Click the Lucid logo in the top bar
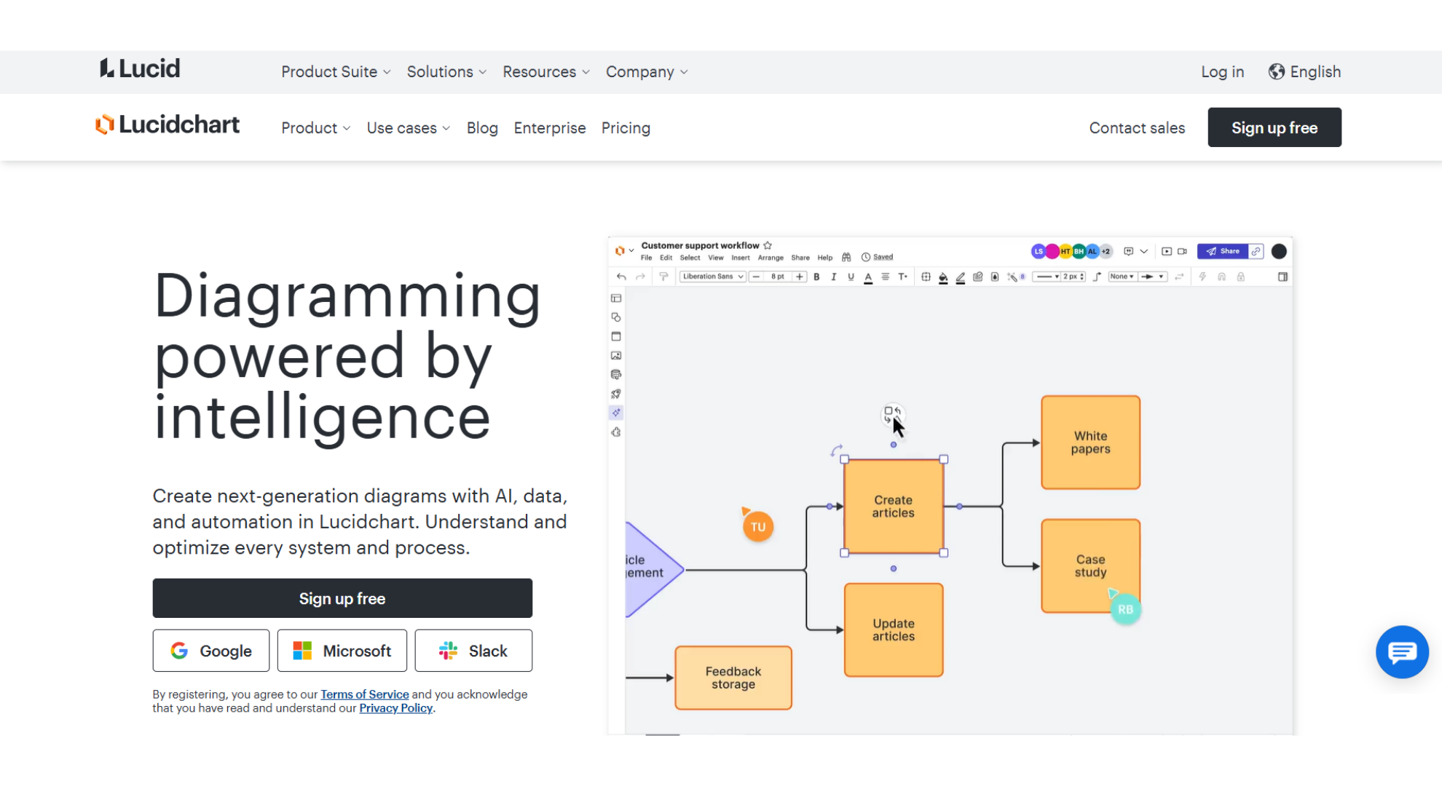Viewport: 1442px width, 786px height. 140,68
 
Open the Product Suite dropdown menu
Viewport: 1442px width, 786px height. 336,71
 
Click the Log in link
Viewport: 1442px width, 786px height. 1222,71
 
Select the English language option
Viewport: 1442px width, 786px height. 1304,71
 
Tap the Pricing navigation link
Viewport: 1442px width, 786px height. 625,128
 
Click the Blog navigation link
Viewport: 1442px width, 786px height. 481,128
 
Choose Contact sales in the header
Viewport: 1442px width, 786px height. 1136,128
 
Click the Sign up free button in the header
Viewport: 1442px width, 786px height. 1274,127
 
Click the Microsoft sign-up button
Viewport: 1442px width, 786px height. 342,651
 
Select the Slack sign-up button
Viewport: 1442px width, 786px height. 473,651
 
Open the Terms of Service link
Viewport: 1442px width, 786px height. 364,694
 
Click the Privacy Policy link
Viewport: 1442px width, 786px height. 395,708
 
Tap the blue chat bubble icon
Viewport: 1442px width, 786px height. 1401,652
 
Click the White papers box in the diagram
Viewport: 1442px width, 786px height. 1090,442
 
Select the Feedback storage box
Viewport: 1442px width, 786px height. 733,678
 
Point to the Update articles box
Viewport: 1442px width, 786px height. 893,630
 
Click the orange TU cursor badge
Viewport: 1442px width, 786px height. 757,527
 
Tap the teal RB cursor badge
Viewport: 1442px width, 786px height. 1124,610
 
